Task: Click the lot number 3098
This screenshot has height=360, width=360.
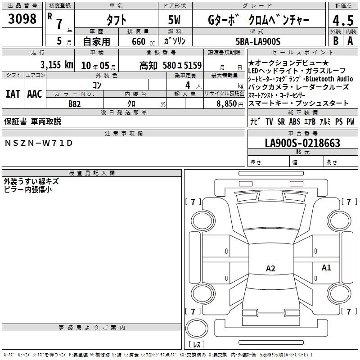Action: pos(22,19)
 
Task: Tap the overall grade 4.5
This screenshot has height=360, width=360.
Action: pos(343,20)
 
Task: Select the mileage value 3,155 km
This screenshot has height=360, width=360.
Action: pos(57,65)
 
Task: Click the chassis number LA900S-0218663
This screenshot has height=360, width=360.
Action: pos(302,143)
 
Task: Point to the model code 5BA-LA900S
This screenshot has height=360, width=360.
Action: pos(258,41)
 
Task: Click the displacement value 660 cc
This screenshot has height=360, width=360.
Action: pos(143,41)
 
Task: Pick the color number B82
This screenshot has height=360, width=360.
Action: pos(75,104)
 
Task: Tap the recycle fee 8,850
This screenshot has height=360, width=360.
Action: pos(227,103)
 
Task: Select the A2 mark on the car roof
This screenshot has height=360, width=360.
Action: pos(270,268)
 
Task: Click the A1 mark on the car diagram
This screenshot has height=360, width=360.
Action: pos(326,267)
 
